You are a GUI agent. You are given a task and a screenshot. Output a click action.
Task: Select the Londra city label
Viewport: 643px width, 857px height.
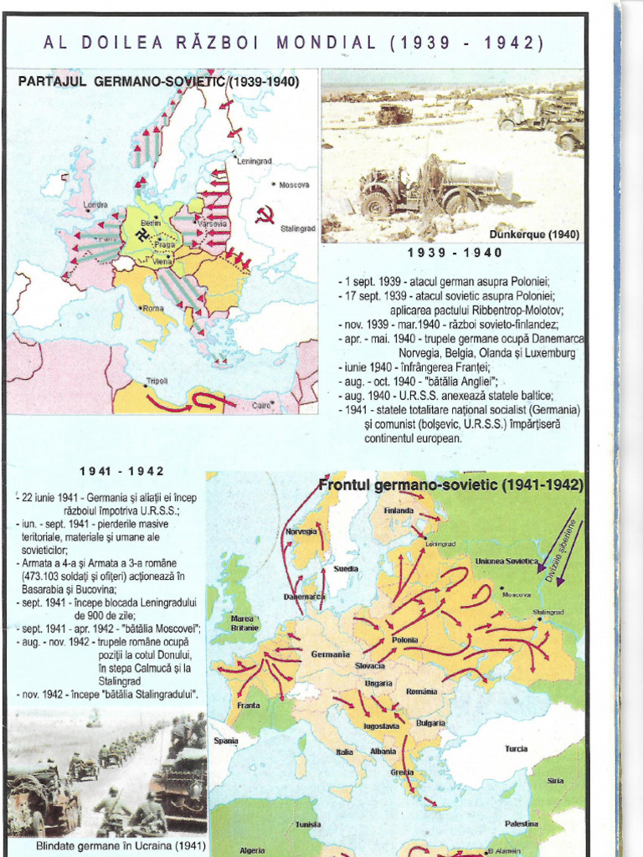pos(95,204)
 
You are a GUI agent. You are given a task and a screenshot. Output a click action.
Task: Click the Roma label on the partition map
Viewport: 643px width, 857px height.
pos(152,308)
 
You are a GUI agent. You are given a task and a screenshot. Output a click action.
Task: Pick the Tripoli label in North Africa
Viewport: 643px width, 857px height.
pos(157,381)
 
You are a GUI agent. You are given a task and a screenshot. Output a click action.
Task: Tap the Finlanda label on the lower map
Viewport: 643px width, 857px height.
pos(399,511)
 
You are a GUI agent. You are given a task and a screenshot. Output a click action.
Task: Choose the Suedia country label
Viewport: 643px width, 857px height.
pos(346,568)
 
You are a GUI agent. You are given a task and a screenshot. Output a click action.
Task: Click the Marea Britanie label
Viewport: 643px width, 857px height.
pos(244,623)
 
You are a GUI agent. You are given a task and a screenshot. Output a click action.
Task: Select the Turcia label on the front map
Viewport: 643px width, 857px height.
pos(516,748)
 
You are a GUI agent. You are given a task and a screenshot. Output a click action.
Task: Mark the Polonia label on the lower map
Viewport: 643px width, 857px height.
pos(405,640)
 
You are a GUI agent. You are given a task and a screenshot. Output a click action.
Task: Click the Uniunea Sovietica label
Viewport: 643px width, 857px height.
pos(506,562)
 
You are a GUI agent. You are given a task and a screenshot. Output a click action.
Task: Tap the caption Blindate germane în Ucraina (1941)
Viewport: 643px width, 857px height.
pos(108,846)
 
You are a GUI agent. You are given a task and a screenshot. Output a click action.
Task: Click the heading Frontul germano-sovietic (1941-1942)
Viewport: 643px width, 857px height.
pos(450,485)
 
